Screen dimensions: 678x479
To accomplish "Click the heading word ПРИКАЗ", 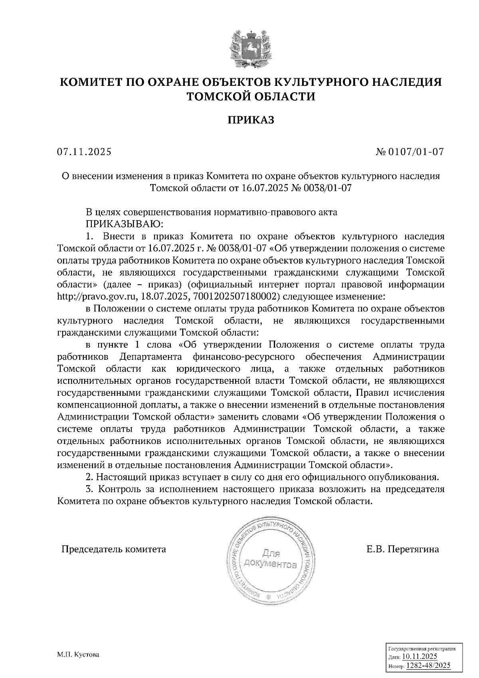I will pyautogui.click(x=251, y=120).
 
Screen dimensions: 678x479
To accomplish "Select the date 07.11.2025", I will pyautogui.click(x=84, y=152).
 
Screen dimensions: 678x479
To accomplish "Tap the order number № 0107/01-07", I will pyautogui.click(x=410, y=152).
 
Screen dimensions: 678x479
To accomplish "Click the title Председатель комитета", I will pyautogui.click(x=113, y=549).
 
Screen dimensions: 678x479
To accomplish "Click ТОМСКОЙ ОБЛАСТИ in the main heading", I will pyautogui.click(x=251, y=96).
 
